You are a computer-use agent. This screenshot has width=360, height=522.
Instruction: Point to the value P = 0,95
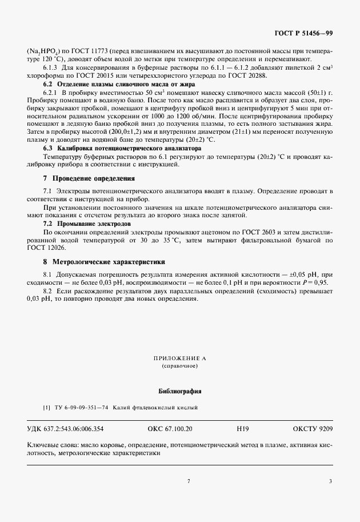pos(314,282)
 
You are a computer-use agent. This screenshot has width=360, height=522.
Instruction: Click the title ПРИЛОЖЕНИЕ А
pos(179,358)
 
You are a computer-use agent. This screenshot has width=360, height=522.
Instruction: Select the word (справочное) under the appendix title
pos(179,365)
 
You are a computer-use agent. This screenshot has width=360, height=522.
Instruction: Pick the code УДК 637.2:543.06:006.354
pos(65,428)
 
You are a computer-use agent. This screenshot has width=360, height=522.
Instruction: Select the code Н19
pos(243,428)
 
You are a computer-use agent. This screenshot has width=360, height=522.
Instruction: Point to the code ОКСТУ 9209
pos(313,428)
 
